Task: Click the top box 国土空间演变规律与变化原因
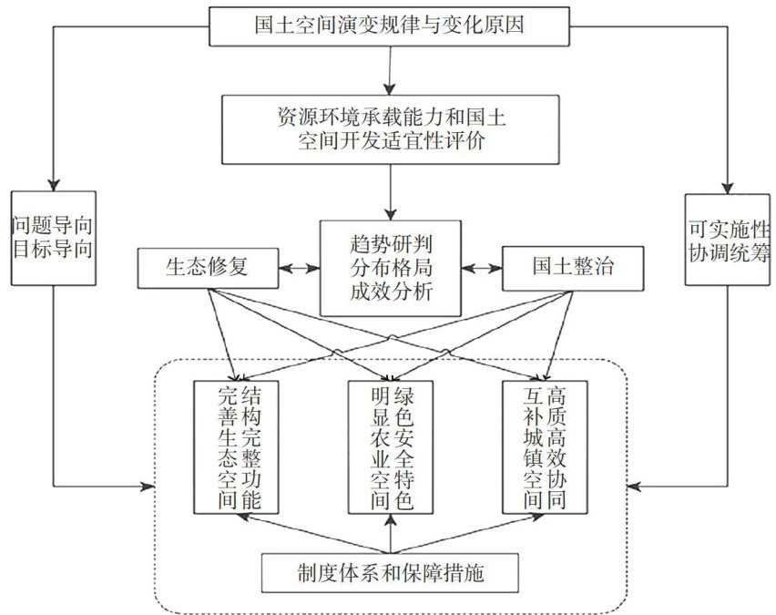pyautogui.click(x=391, y=26)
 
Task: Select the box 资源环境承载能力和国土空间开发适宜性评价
pyautogui.click(x=391, y=129)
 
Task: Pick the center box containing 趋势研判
pyautogui.click(x=391, y=268)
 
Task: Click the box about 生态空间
pyautogui.click(x=240, y=446)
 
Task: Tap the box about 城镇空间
pyautogui.click(x=545, y=446)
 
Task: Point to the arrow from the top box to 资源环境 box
pyautogui.click(x=391, y=68)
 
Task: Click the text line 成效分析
pyautogui.click(x=391, y=292)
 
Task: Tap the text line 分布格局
pyautogui.click(x=391, y=269)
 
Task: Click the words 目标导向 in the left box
pyautogui.click(x=54, y=247)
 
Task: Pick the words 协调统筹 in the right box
pyautogui.click(x=729, y=247)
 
